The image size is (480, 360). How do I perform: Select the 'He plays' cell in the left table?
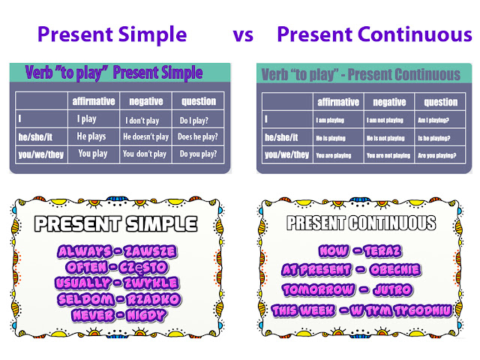pyautogui.click(x=92, y=136)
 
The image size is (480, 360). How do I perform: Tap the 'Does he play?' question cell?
pyautogui.click(x=198, y=136)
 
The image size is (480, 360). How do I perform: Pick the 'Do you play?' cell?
pyautogui.click(x=198, y=154)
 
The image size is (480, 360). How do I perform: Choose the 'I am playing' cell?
pyautogui.click(x=332, y=119)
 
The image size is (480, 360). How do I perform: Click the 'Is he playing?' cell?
pyautogui.click(x=439, y=138)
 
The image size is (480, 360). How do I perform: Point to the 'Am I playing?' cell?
pyautogui.click(x=439, y=119)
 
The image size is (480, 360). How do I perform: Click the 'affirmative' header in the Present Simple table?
pyautogui.click(x=93, y=100)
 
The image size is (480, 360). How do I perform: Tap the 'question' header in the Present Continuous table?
pyautogui.click(x=440, y=102)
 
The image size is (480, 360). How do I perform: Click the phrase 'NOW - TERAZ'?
pyautogui.click(x=361, y=251)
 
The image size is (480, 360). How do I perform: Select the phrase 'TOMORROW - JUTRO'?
pyautogui.click(x=361, y=289)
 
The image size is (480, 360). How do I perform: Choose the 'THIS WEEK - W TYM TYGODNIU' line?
pyautogui.click(x=361, y=307)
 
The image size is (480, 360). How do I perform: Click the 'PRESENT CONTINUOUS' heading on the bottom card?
pyautogui.click(x=361, y=223)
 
